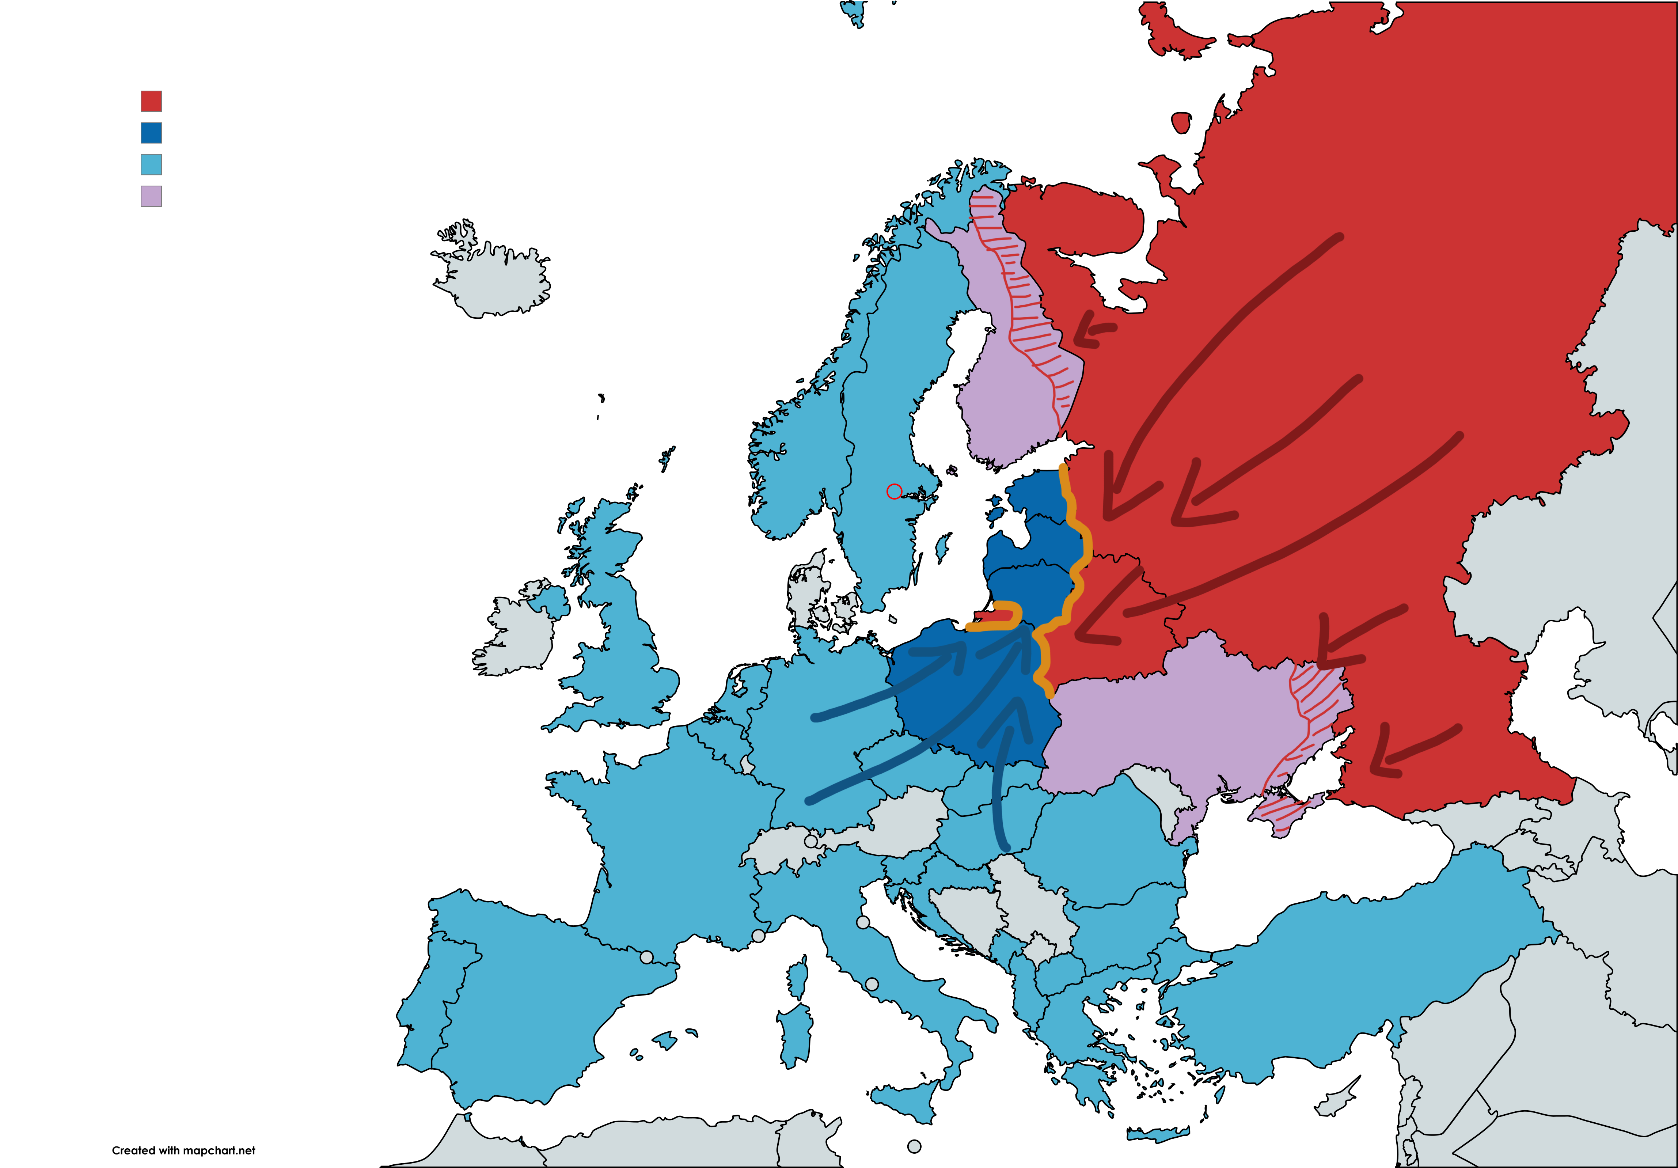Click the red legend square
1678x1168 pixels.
(151, 101)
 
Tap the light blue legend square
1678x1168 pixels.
(151, 164)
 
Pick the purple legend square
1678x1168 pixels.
(151, 196)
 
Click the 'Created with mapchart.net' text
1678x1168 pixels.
(183, 1150)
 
